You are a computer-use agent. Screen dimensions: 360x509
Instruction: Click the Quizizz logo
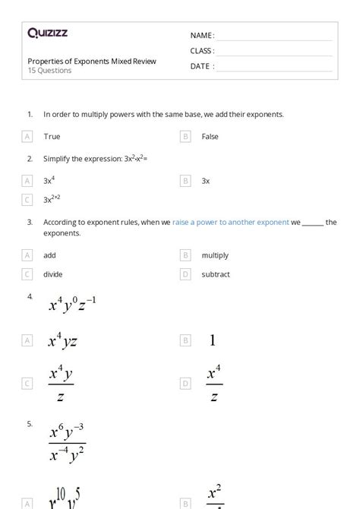47,33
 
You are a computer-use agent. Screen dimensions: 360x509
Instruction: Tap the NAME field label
202,36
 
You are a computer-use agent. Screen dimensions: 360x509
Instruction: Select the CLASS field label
202,51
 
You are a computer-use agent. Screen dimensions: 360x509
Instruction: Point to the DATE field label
202,66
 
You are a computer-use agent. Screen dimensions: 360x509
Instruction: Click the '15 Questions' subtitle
50,71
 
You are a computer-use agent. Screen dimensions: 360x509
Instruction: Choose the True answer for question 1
52,137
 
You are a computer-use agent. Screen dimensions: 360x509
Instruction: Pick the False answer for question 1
210,137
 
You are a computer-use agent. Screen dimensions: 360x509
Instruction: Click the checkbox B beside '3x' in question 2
185,181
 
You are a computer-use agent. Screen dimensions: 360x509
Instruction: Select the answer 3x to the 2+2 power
52,199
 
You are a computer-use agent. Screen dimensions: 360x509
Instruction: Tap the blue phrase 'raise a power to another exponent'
231,223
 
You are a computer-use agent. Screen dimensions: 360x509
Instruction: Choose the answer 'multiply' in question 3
215,255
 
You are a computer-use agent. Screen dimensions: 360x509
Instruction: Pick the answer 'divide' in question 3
52,274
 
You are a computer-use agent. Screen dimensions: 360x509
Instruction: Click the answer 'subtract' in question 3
216,274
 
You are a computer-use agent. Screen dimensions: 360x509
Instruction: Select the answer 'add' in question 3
49,255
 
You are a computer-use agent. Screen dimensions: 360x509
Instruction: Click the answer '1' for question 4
213,341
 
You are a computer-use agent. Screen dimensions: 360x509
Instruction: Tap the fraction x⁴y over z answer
61,384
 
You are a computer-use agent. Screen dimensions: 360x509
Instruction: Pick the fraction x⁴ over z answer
214,384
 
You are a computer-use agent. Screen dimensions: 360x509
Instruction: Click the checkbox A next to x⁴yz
27,341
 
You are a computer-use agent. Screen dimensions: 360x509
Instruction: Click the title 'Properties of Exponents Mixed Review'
92,61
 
